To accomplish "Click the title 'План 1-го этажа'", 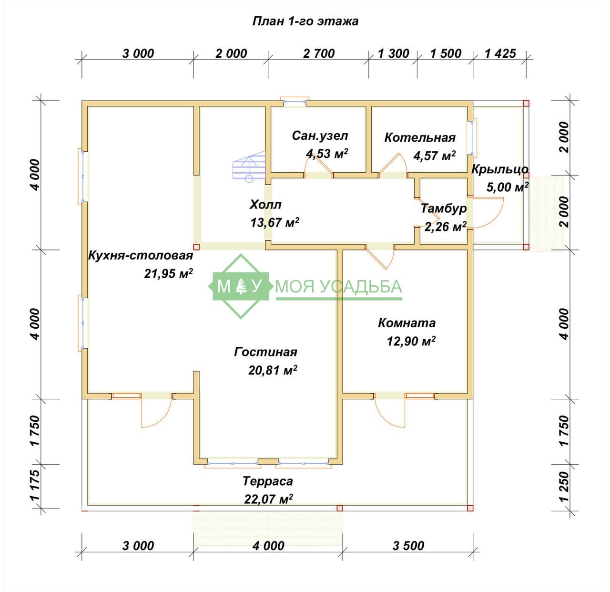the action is [305, 21].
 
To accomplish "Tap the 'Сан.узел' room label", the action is [320, 136].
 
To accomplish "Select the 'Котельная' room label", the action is [420, 137].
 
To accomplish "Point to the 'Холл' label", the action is [265, 205].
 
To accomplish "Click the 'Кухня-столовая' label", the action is [141, 256].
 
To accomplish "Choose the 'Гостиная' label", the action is [265, 352].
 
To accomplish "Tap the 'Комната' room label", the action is [407, 323].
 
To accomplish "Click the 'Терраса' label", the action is [268, 481].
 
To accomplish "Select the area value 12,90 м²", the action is [411, 341].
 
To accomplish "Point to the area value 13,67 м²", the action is [274, 222].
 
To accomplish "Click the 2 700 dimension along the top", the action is [319, 53].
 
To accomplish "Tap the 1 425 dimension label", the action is [500, 53].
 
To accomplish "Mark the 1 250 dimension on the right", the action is [564, 487].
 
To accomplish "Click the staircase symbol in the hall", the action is [249, 166].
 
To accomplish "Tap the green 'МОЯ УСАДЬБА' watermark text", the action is [338, 286].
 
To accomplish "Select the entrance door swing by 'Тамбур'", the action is [494, 220].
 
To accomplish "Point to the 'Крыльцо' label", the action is [500, 169].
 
